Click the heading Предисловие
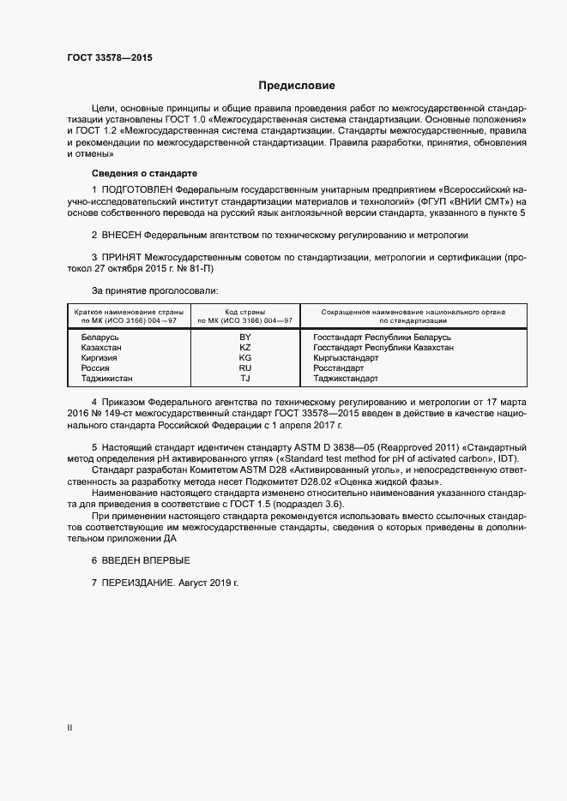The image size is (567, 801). coord(298,86)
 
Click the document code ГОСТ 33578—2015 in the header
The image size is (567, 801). coord(111,58)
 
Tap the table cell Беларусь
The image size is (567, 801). coord(100,338)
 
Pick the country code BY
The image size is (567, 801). coord(244,338)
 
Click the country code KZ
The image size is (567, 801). coord(244,348)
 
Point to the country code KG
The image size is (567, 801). coord(244,358)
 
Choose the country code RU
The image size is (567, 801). coord(244,368)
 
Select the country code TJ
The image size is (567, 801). coord(244,379)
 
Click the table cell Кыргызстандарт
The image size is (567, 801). coord(345,358)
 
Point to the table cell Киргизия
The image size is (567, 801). coord(100,358)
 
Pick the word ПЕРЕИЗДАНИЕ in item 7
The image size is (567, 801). coord(140,583)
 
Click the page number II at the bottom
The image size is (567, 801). coord(69,727)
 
